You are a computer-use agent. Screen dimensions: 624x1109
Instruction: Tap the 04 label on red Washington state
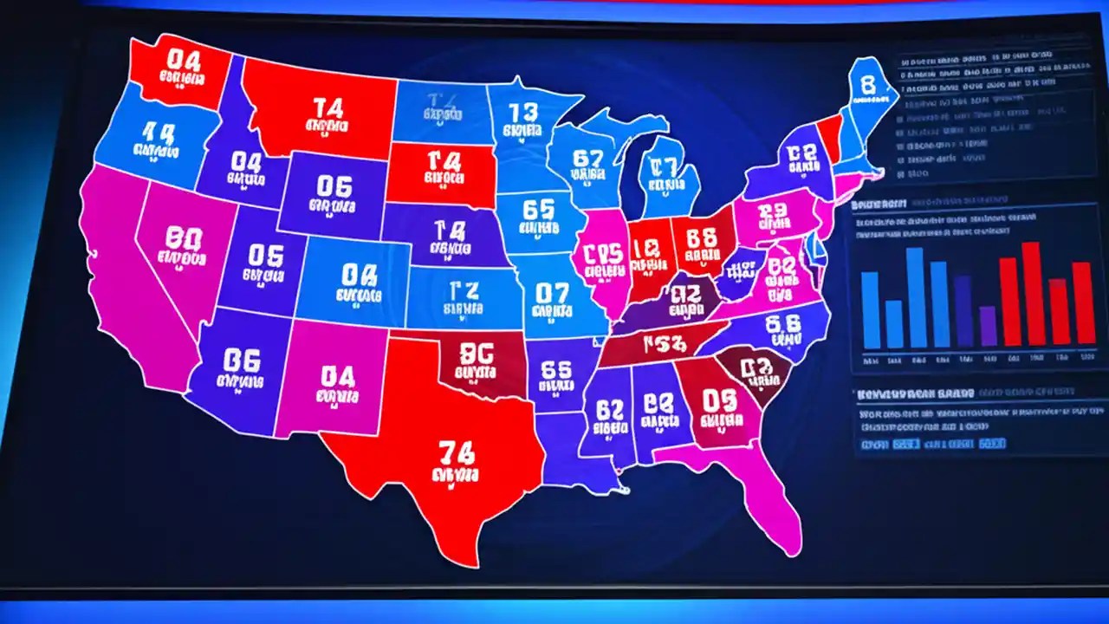[185, 60]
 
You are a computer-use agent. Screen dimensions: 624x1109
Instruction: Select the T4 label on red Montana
[328, 108]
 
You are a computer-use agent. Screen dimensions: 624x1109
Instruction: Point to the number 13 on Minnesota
[523, 113]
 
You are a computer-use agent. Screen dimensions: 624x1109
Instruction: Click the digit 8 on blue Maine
[868, 83]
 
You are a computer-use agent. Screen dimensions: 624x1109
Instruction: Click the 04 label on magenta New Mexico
[337, 376]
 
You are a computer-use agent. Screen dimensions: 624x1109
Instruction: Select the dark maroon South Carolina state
[760, 370]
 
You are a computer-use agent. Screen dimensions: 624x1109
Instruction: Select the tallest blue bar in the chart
[916, 297]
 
